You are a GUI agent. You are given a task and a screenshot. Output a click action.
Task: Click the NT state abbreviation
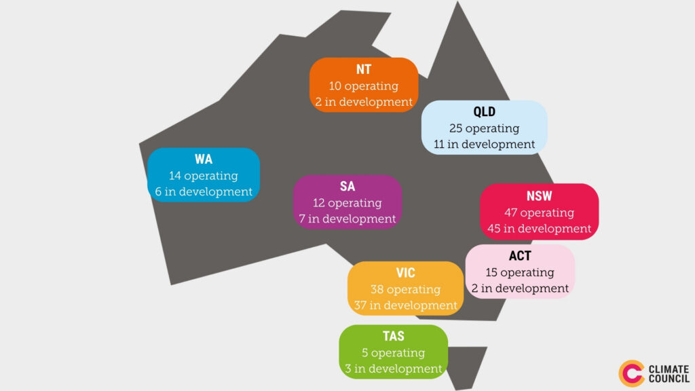click(364, 70)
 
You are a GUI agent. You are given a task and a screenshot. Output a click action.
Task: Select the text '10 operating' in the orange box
click(364, 86)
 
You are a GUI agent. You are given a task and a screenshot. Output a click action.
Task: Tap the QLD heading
click(484, 112)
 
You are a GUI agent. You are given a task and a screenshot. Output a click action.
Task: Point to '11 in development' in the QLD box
click(484, 145)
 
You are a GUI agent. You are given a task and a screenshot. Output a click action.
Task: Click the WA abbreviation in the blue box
click(204, 159)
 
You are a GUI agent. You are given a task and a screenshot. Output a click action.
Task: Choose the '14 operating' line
click(204, 176)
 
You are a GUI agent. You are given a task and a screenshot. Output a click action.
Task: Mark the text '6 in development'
click(204, 192)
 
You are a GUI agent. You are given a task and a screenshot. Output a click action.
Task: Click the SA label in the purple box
click(347, 186)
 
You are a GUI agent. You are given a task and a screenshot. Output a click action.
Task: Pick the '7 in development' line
click(347, 219)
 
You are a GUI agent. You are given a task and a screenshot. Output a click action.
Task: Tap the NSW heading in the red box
click(539, 196)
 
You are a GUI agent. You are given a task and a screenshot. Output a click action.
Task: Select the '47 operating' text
click(539, 212)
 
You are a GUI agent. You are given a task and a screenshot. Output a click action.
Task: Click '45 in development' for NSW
click(539, 229)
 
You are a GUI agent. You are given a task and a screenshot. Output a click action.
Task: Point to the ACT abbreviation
click(520, 256)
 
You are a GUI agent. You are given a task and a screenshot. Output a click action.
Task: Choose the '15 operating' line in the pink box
click(520, 273)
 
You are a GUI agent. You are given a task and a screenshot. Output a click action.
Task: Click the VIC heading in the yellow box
click(406, 273)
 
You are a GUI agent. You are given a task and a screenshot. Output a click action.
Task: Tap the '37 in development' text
click(406, 305)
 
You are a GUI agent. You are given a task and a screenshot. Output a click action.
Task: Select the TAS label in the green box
click(394, 336)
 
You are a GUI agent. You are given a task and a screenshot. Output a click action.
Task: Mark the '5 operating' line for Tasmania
click(394, 353)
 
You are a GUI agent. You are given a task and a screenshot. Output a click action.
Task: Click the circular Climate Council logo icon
click(631, 373)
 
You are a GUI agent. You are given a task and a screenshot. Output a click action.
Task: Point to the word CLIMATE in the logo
click(669, 369)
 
